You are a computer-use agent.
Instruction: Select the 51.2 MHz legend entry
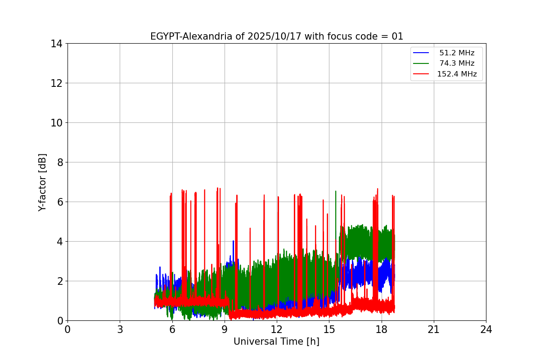pos(457,53)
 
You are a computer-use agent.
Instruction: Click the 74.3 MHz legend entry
pos(457,63)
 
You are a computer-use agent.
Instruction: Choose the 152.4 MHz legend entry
pos(457,74)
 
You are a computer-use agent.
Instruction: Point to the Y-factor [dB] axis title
pos(42,182)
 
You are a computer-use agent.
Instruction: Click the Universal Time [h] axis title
pos(276,342)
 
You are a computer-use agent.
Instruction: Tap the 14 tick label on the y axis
pos(56,44)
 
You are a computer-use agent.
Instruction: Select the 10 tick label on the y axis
pos(56,123)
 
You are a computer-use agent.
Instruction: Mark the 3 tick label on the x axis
pos(120,329)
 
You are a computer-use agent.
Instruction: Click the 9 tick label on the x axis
pos(225,329)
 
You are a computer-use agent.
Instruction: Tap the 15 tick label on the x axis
pos(329,329)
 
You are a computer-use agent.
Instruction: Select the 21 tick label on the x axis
pos(434,329)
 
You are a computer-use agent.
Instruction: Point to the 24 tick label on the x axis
pos(486,329)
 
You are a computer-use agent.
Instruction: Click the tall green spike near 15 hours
pos(336,192)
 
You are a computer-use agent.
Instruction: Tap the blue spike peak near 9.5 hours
pos(233,241)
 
